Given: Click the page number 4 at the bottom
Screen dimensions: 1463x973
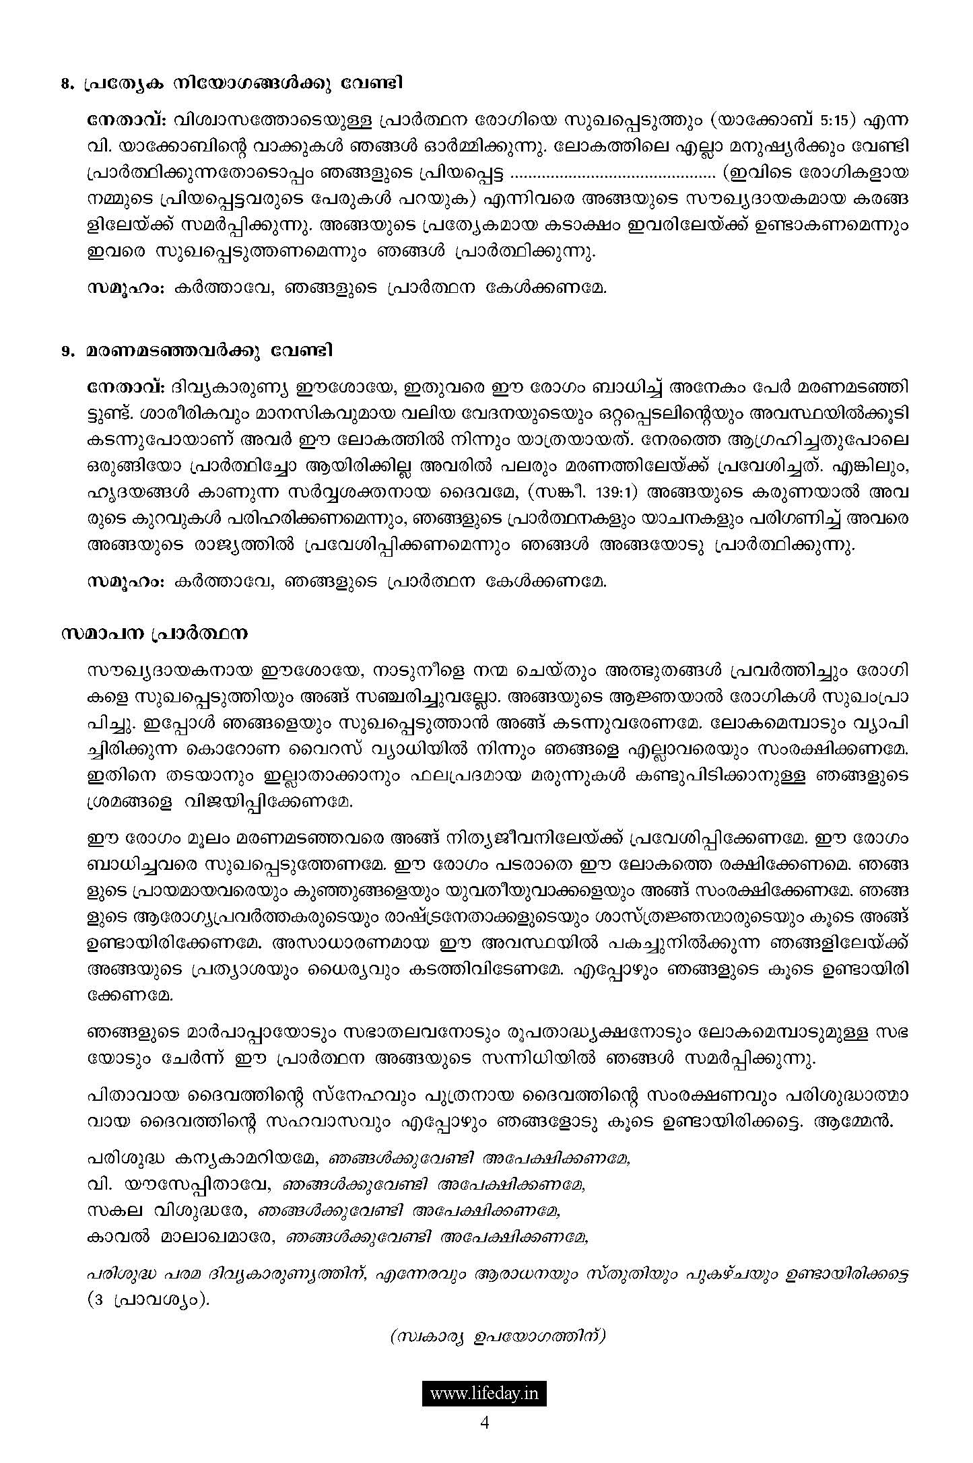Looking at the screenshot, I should (x=484, y=1423).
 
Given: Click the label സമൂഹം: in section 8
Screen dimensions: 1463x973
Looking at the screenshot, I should (x=126, y=287).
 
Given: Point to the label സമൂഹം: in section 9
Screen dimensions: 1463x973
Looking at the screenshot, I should (x=126, y=581).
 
